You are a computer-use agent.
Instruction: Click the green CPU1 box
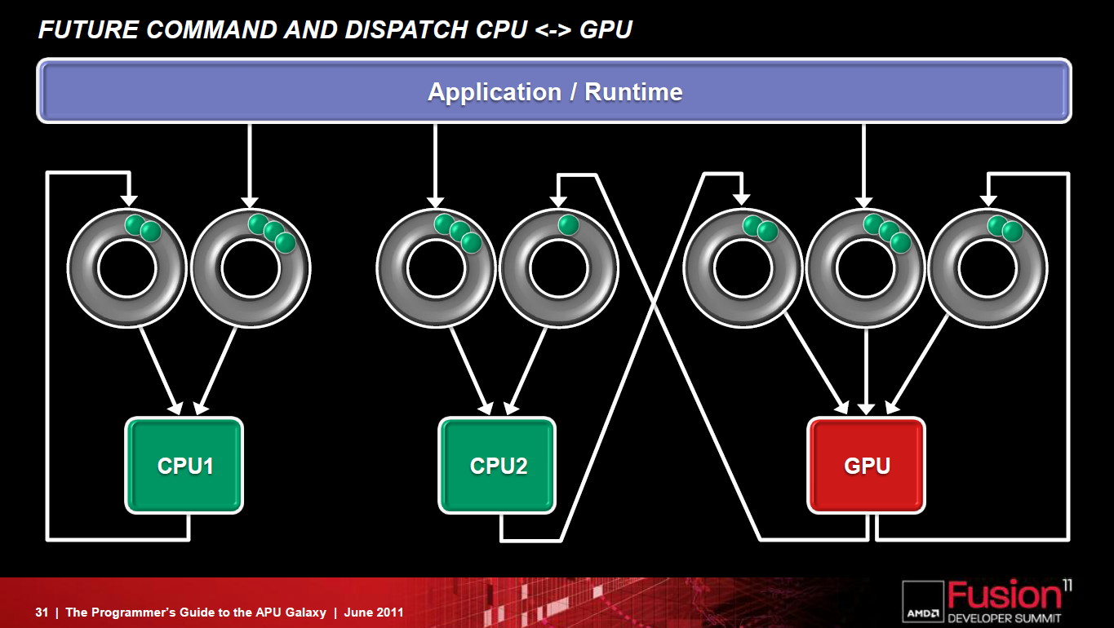click(184, 465)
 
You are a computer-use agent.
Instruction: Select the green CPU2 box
click(497, 465)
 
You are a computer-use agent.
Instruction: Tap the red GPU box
click(866, 465)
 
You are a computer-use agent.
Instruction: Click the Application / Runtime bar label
click(555, 92)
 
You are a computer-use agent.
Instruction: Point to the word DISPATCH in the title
click(406, 30)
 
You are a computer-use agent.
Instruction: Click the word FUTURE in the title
click(88, 30)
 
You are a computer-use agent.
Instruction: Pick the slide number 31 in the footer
click(42, 613)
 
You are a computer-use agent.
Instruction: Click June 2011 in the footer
click(374, 613)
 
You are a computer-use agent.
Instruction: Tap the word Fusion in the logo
click(1004, 595)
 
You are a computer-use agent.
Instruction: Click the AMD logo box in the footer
click(923, 601)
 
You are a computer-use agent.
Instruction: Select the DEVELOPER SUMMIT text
click(1004, 618)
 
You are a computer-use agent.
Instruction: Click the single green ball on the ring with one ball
click(568, 224)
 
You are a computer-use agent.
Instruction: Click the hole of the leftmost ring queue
click(127, 268)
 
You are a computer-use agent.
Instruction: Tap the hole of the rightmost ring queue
click(988, 268)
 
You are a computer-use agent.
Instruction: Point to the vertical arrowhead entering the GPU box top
click(866, 409)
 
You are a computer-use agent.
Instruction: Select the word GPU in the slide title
click(606, 30)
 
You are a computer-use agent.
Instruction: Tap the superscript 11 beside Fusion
click(1067, 586)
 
